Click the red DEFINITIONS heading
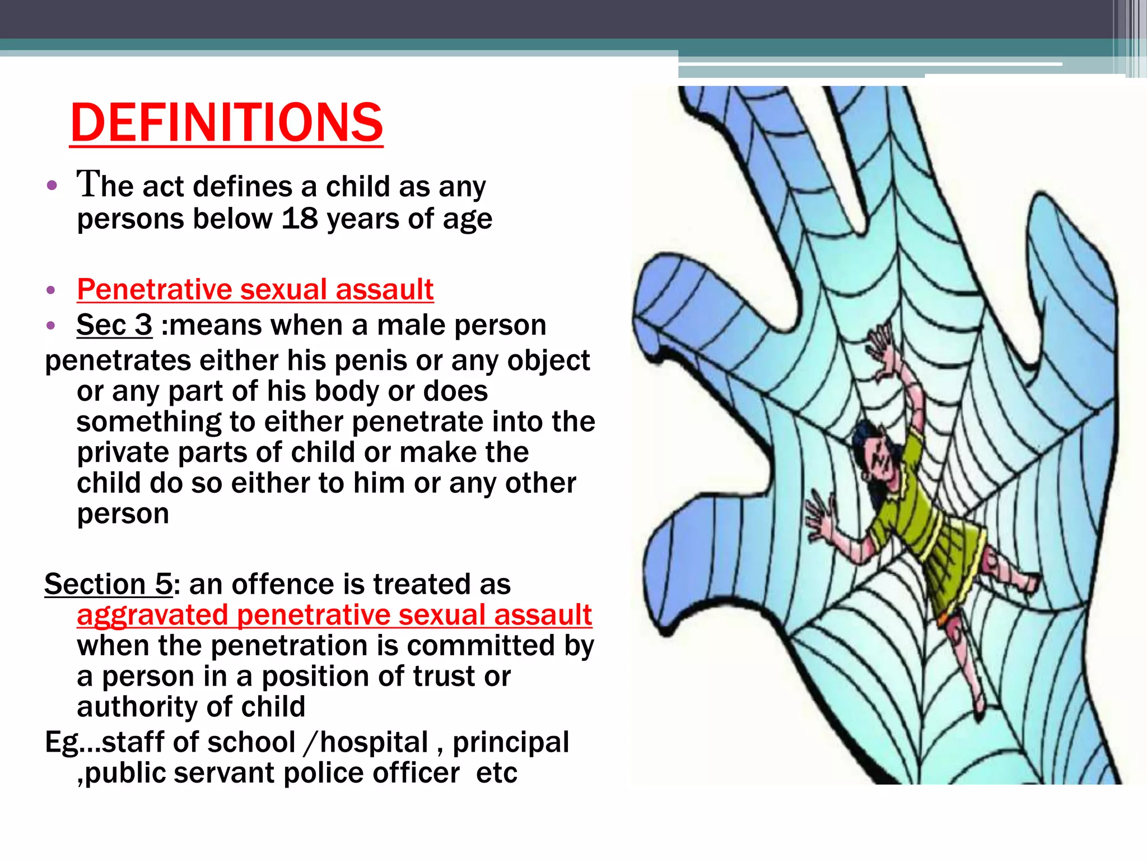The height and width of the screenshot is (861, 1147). [226, 123]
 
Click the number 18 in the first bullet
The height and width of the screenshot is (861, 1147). [300, 218]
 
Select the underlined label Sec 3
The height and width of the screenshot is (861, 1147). [114, 325]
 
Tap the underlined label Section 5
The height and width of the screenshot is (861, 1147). [109, 584]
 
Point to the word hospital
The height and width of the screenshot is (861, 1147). [374, 742]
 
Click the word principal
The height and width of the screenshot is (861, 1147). [511, 742]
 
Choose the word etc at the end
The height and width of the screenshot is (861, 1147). [496, 773]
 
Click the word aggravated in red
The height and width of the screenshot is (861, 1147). [153, 615]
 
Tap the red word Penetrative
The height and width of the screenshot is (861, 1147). [154, 289]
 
